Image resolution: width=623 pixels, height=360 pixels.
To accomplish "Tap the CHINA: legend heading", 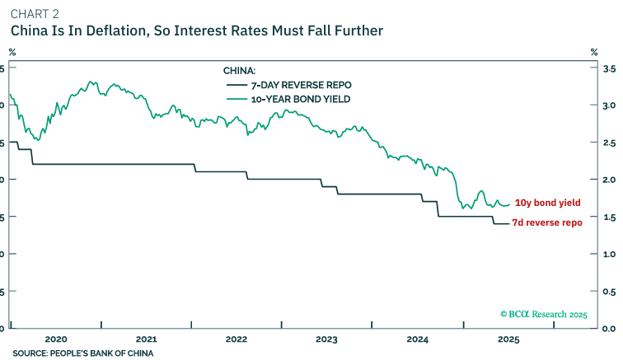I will [x=240, y=71].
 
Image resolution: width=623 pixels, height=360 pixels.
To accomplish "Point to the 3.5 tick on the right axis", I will [x=609, y=69].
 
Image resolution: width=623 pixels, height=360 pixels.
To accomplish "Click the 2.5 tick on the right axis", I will [x=609, y=143].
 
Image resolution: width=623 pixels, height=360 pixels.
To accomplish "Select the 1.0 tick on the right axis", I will [x=609, y=254].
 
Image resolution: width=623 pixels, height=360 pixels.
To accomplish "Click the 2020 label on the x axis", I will [x=55, y=339].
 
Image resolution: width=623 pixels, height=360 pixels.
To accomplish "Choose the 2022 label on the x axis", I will [x=236, y=339].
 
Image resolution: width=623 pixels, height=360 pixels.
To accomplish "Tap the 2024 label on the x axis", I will [x=417, y=339].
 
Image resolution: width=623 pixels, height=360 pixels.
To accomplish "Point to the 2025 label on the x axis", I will [x=508, y=339].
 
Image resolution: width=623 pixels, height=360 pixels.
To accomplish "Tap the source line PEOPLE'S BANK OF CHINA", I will [x=82, y=353].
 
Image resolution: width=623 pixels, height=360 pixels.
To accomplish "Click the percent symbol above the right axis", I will [x=593, y=52].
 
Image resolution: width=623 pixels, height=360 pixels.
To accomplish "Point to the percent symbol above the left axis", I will [x=12, y=52].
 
